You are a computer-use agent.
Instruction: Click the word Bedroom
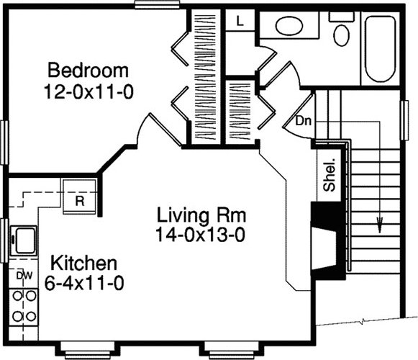point(88,70)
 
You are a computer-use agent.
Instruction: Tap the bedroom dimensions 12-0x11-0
point(88,91)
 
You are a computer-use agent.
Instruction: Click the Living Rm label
point(201,215)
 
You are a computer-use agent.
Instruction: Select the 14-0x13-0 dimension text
point(200,235)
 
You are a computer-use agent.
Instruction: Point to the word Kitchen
point(83,263)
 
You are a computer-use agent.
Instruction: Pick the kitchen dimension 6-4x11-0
point(84,283)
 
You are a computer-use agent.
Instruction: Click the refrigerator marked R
point(79,197)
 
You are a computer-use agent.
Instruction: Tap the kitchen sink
point(24,240)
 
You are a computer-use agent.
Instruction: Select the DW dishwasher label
point(24,276)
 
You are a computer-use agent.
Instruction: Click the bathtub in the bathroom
point(380,49)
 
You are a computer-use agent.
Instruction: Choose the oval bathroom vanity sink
point(289,26)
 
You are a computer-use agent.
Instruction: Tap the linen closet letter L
point(240,20)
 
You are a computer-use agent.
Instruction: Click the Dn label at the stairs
point(304,121)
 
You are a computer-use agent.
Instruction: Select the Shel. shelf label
point(329,175)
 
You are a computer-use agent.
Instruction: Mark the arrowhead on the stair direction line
point(379,223)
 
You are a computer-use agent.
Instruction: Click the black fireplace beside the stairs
point(327,240)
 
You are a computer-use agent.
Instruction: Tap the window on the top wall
point(157,4)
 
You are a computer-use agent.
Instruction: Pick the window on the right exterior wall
point(404,120)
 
